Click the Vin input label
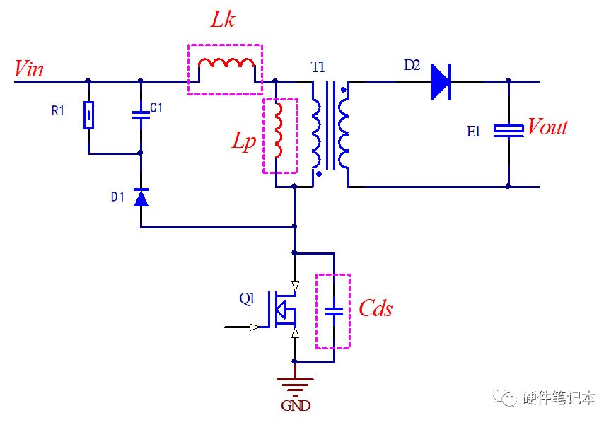click(x=29, y=69)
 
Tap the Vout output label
click(x=547, y=127)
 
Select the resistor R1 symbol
click(x=88, y=115)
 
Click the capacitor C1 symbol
click(x=141, y=115)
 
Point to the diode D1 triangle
click(x=141, y=197)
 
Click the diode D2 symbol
click(x=441, y=82)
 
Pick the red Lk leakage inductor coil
click(x=226, y=64)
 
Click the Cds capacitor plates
click(x=334, y=312)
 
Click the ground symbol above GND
click(x=295, y=385)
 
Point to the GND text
click(x=296, y=405)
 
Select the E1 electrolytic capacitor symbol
click(x=509, y=131)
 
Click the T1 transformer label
click(x=318, y=68)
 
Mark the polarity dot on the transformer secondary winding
click(x=344, y=90)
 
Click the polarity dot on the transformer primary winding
click(x=318, y=174)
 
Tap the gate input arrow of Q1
click(x=255, y=327)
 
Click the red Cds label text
click(x=376, y=308)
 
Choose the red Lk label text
click(x=223, y=19)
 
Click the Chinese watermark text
click(x=559, y=398)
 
